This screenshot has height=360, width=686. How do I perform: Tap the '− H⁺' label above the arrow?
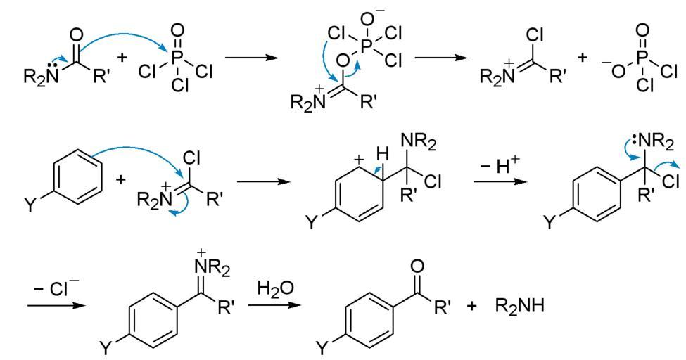[499, 162]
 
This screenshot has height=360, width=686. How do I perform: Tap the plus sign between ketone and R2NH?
[471, 307]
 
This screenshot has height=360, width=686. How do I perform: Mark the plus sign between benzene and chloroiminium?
[120, 180]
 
